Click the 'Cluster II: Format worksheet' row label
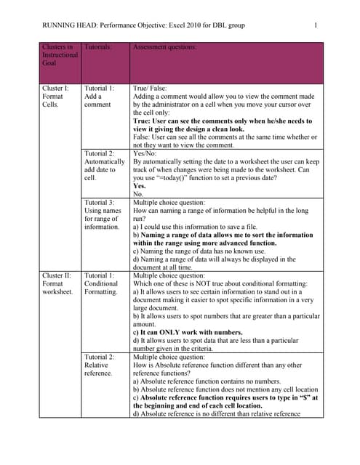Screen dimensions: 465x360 58,284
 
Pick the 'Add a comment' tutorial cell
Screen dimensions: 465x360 99,96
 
